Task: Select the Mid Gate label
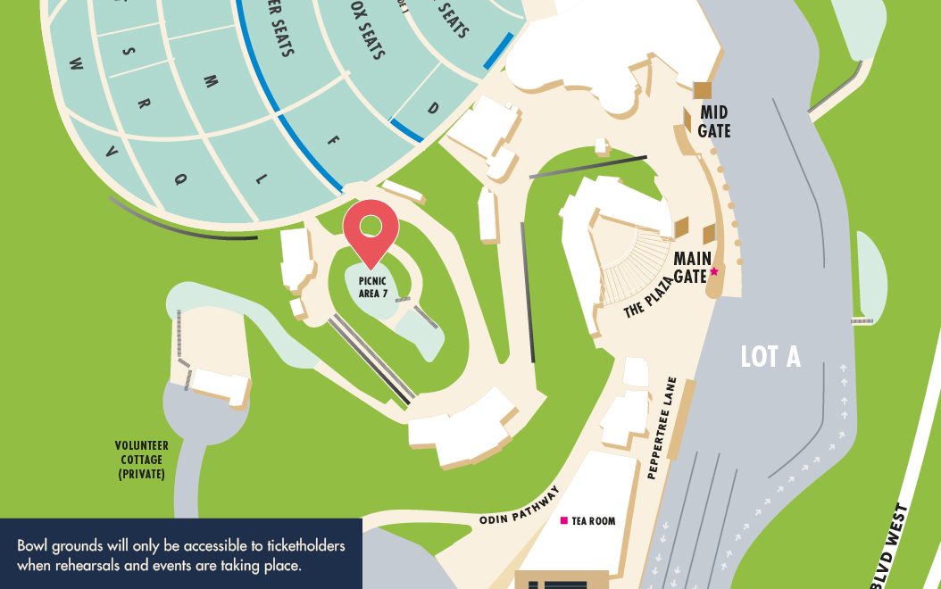(714, 121)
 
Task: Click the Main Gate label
(692, 267)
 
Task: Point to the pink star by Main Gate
(714, 271)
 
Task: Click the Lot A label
(770, 357)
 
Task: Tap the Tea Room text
(594, 521)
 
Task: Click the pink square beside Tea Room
(563, 520)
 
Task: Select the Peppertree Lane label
(663, 429)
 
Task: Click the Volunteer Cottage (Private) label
(141, 460)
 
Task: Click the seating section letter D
(433, 109)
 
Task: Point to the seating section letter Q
(181, 179)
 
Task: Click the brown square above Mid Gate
(703, 90)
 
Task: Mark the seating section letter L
(261, 178)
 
